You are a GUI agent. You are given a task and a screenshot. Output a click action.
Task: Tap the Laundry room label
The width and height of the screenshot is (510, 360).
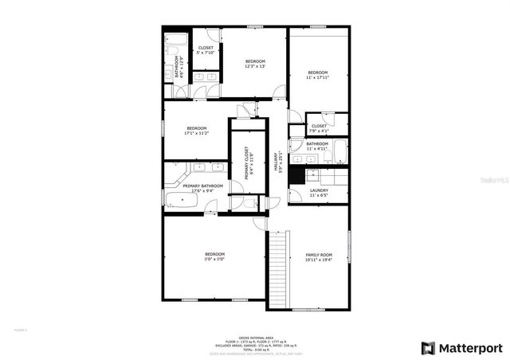coord(319,190)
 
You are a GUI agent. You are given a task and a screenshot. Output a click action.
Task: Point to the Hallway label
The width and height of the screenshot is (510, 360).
coord(277,163)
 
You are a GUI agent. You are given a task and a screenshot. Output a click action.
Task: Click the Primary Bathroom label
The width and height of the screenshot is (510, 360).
coord(196,186)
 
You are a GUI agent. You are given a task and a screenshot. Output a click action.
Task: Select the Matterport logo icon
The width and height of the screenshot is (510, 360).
coord(428,347)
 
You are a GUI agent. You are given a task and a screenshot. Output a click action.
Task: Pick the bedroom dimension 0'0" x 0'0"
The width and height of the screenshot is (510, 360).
coord(214,259)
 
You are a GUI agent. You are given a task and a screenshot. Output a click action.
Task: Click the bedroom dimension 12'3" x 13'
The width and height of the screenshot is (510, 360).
coord(254,66)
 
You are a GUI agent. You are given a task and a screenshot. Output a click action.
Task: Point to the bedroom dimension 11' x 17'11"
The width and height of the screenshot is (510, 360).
coord(318,77)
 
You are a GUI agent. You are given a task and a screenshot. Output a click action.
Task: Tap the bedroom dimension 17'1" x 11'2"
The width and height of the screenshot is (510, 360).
coord(197,133)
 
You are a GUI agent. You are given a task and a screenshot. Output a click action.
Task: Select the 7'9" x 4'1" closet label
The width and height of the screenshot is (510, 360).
coord(318,130)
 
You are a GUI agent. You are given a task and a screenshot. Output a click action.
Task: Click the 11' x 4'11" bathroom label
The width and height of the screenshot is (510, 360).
coord(317,148)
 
